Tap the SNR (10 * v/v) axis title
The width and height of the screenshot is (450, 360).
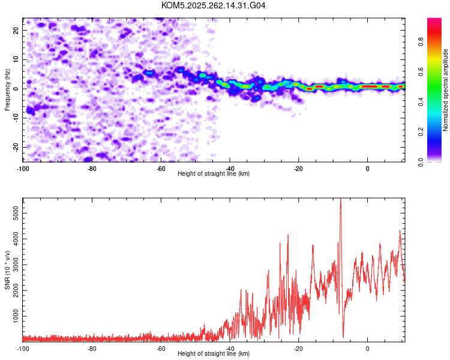tap(7, 269)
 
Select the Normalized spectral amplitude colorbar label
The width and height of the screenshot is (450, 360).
tap(445, 90)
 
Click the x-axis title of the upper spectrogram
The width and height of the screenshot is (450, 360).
tap(214, 173)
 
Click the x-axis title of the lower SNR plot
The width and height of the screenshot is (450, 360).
tap(214, 353)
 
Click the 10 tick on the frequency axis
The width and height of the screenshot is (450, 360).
tap(17, 59)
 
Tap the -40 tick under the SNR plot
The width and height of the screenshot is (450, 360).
tap(230, 348)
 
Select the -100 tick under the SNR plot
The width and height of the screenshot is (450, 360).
tap(23, 348)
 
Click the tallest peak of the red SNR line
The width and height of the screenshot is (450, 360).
tap(340, 200)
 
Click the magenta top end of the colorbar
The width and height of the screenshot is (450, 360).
tap(434, 21)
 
